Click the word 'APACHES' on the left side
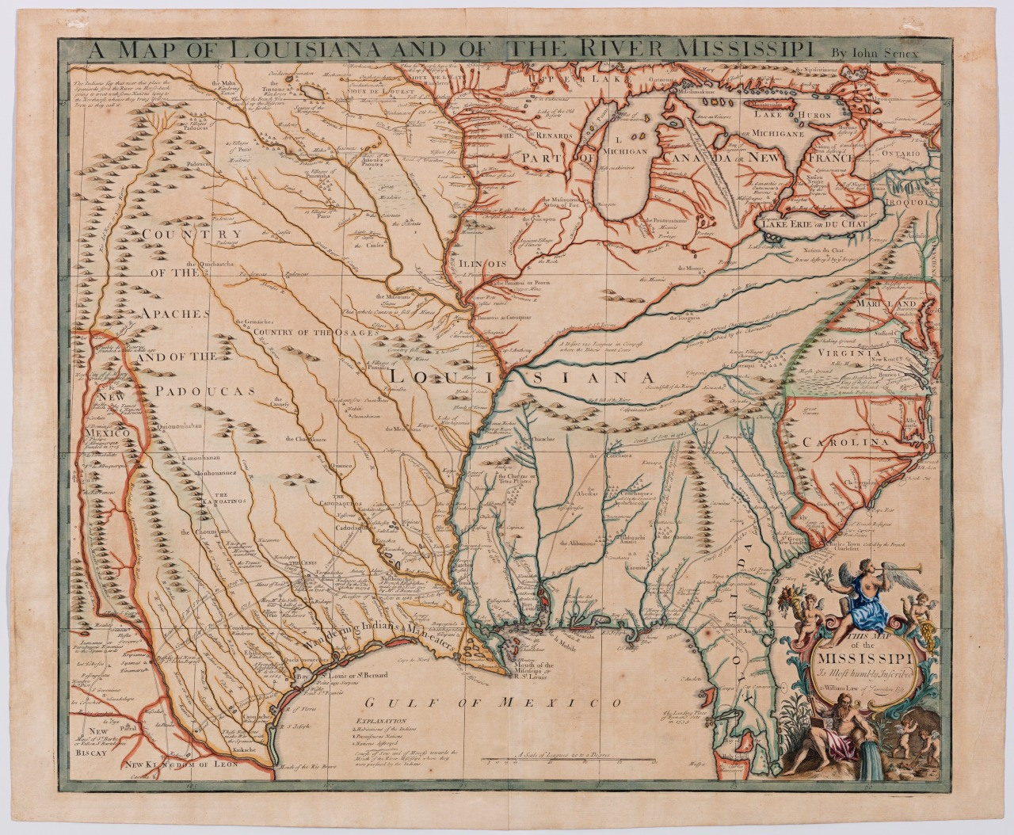coord(176,314)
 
